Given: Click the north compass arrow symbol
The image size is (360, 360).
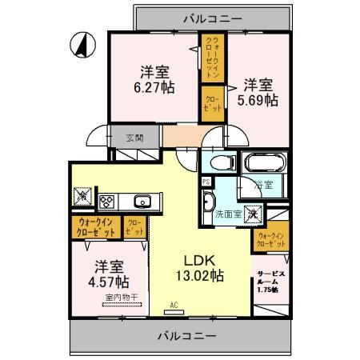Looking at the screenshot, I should [82, 43].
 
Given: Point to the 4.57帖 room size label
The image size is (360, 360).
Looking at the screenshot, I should [100, 282].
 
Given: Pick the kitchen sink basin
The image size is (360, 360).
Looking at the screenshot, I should [142, 200].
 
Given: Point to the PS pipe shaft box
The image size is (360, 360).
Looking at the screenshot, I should [206, 181].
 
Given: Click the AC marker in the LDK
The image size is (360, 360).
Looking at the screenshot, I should [174, 305].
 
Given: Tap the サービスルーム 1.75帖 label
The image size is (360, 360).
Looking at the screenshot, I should [266, 281].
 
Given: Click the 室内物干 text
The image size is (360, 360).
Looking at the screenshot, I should [121, 298].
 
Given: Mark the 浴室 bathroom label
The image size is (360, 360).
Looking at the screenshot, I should [264, 186].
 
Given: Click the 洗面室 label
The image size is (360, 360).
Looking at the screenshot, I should [227, 215].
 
